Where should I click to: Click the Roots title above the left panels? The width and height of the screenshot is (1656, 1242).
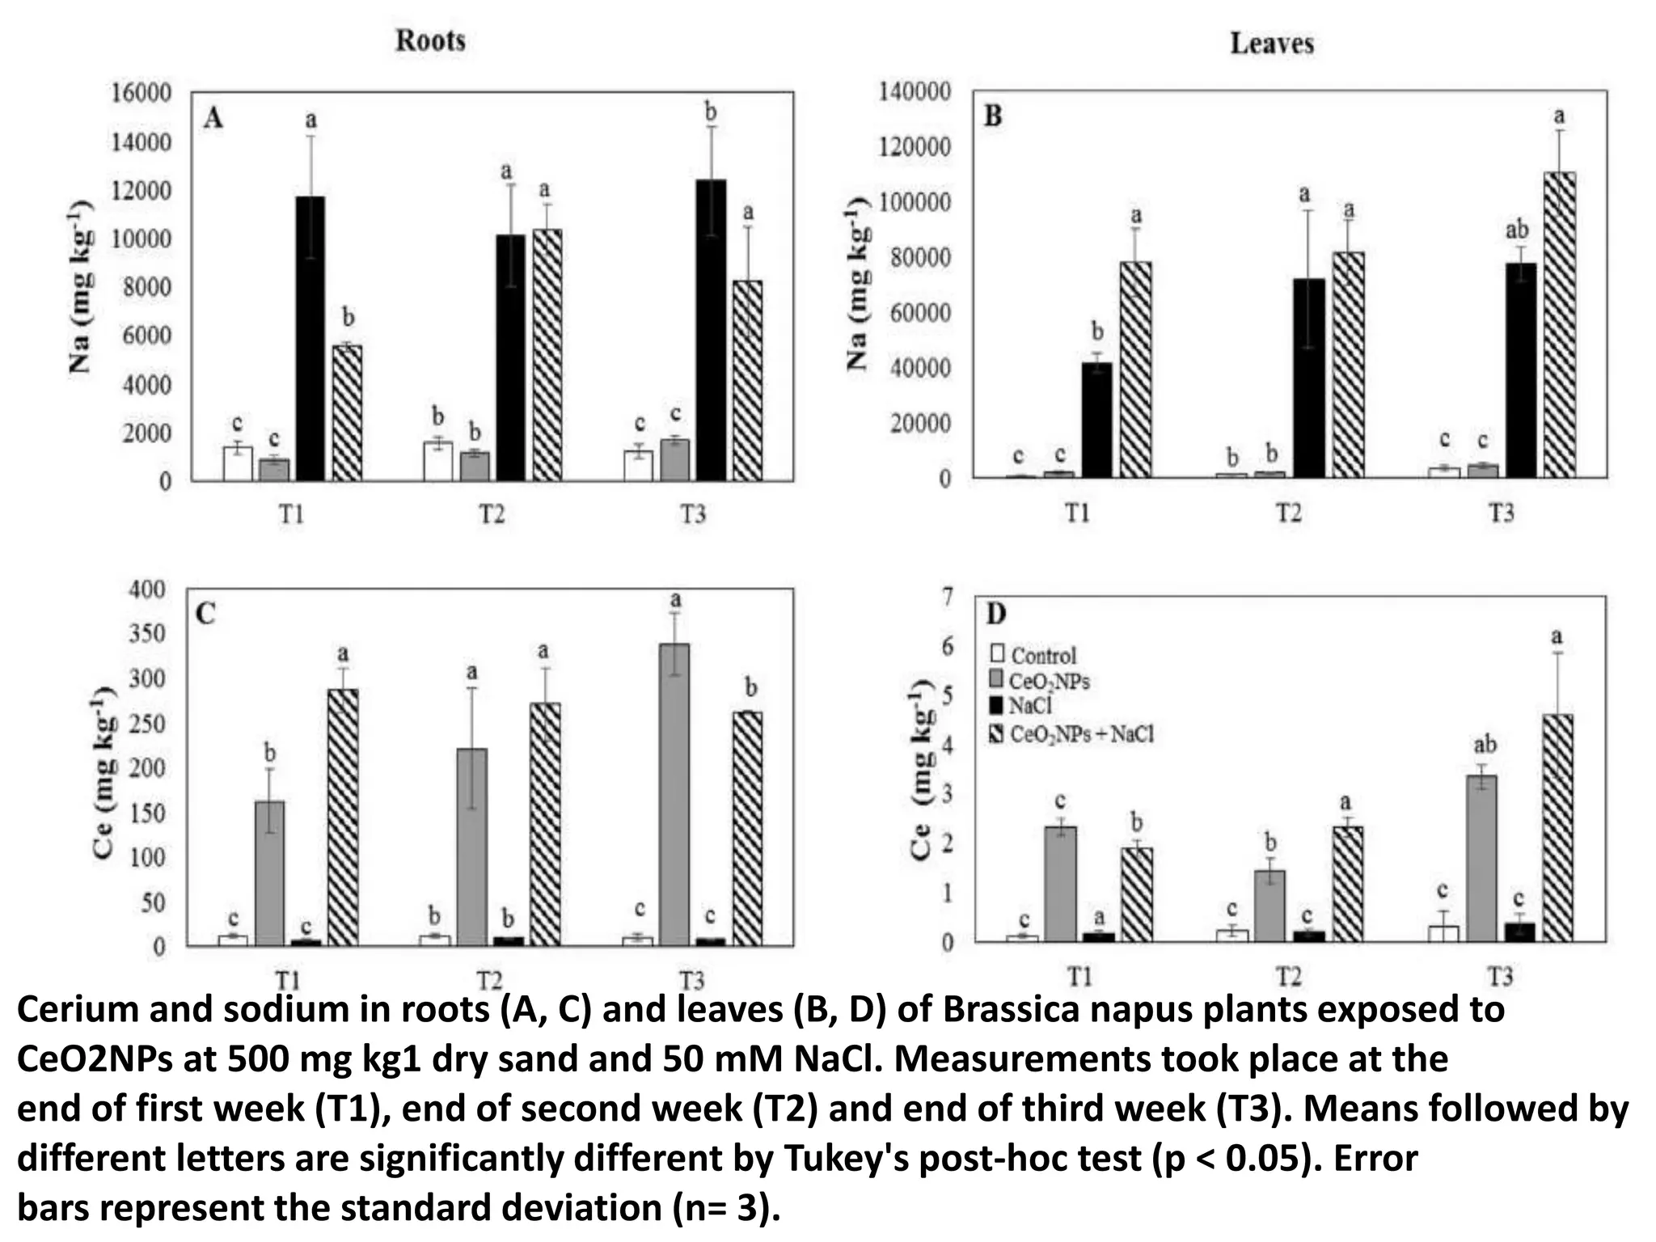pos(430,40)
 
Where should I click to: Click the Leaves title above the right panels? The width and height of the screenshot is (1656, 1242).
pos(1271,43)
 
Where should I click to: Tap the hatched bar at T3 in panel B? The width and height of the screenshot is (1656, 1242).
pos(1559,323)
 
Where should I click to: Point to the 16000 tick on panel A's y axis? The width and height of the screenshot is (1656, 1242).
pos(141,93)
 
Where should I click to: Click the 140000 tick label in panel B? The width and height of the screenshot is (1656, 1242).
pos(915,91)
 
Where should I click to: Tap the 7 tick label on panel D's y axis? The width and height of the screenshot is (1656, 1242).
pos(947,597)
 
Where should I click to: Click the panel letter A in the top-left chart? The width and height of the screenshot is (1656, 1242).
pos(213,120)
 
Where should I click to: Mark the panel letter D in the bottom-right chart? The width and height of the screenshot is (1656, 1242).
pos(995,615)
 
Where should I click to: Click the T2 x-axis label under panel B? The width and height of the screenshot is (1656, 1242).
pos(1288,513)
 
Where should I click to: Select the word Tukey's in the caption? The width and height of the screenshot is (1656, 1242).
pos(846,1158)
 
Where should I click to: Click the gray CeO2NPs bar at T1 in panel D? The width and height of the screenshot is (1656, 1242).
pos(1059,884)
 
